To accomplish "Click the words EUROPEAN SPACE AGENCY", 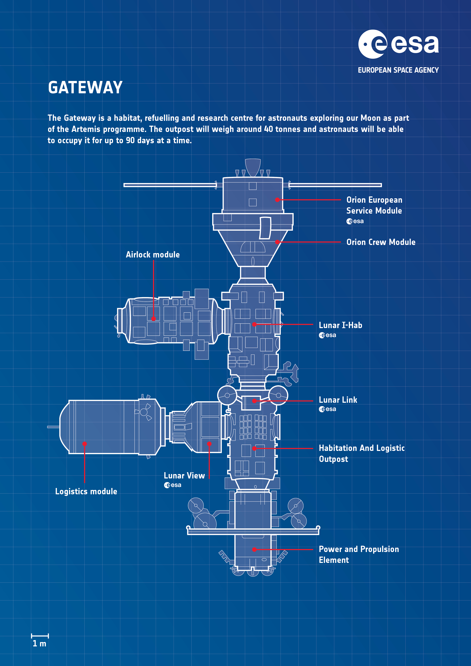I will click(398, 70).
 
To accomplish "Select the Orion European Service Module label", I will click(374, 205).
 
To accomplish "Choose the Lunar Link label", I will click(338, 400).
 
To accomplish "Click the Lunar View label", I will click(184, 476).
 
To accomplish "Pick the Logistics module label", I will click(86, 491).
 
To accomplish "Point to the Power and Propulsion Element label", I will click(359, 554).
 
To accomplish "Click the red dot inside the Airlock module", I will click(154, 319).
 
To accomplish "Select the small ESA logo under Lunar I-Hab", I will click(327, 335).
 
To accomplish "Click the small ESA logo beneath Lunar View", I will click(173, 485).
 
